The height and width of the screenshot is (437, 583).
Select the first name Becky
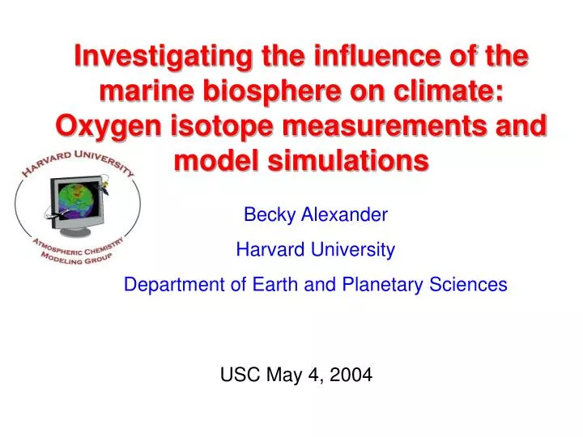[x=269, y=215]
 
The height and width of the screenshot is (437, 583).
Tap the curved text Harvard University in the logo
[x=77, y=159]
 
